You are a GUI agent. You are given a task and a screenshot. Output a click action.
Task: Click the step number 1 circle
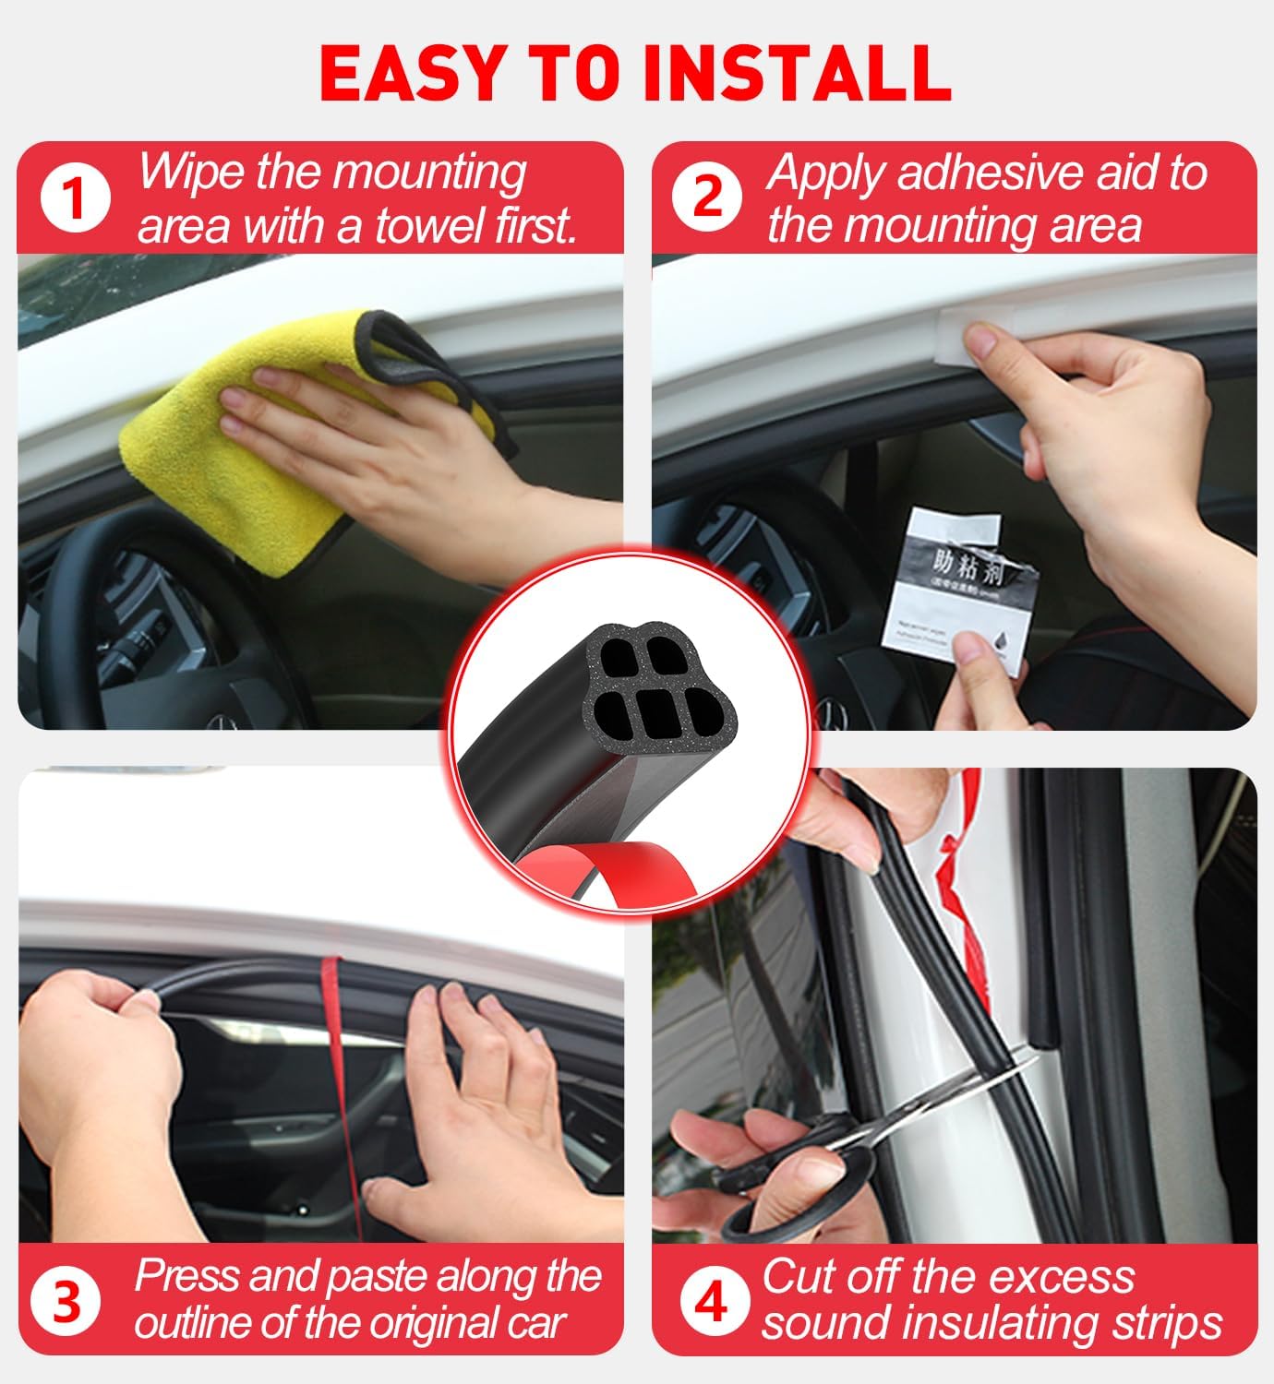click(76, 197)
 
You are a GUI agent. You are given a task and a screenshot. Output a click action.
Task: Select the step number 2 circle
click(707, 197)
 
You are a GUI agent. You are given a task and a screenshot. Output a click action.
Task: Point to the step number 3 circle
click(66, 1302)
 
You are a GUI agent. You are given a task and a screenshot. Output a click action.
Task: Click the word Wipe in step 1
click(192, 173)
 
